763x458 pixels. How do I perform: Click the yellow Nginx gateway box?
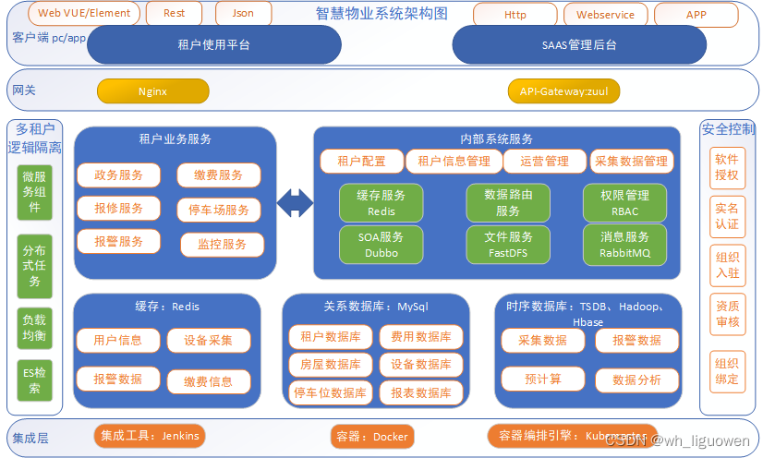(x=152, y=91)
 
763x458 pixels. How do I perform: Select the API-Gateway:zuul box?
(x=563, y=91)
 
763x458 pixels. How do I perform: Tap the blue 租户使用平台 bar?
(x=213, y=44)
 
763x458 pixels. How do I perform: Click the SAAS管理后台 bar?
(x=578, y=44)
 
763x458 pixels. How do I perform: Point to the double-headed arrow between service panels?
(x=296, y=203)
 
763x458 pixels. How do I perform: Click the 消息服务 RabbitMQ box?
(x=624, y=244)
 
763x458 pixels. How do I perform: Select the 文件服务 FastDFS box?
(x=508, y=244)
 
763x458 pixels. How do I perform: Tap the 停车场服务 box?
(x=219, y=210)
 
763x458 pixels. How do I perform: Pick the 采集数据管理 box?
(x=630, y=162)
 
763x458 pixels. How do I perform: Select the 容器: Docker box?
(x=369, y=436)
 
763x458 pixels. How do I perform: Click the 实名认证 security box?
(x=727, y=216)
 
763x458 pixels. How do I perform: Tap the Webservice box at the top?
(x=605, y=15)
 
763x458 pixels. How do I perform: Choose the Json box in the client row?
(x=245, y=14)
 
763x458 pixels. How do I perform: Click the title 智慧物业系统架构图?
(x=381, y=14)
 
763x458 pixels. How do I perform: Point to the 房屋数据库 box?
(x=331, y=365)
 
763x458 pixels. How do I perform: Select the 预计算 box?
(x=543, y=379)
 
